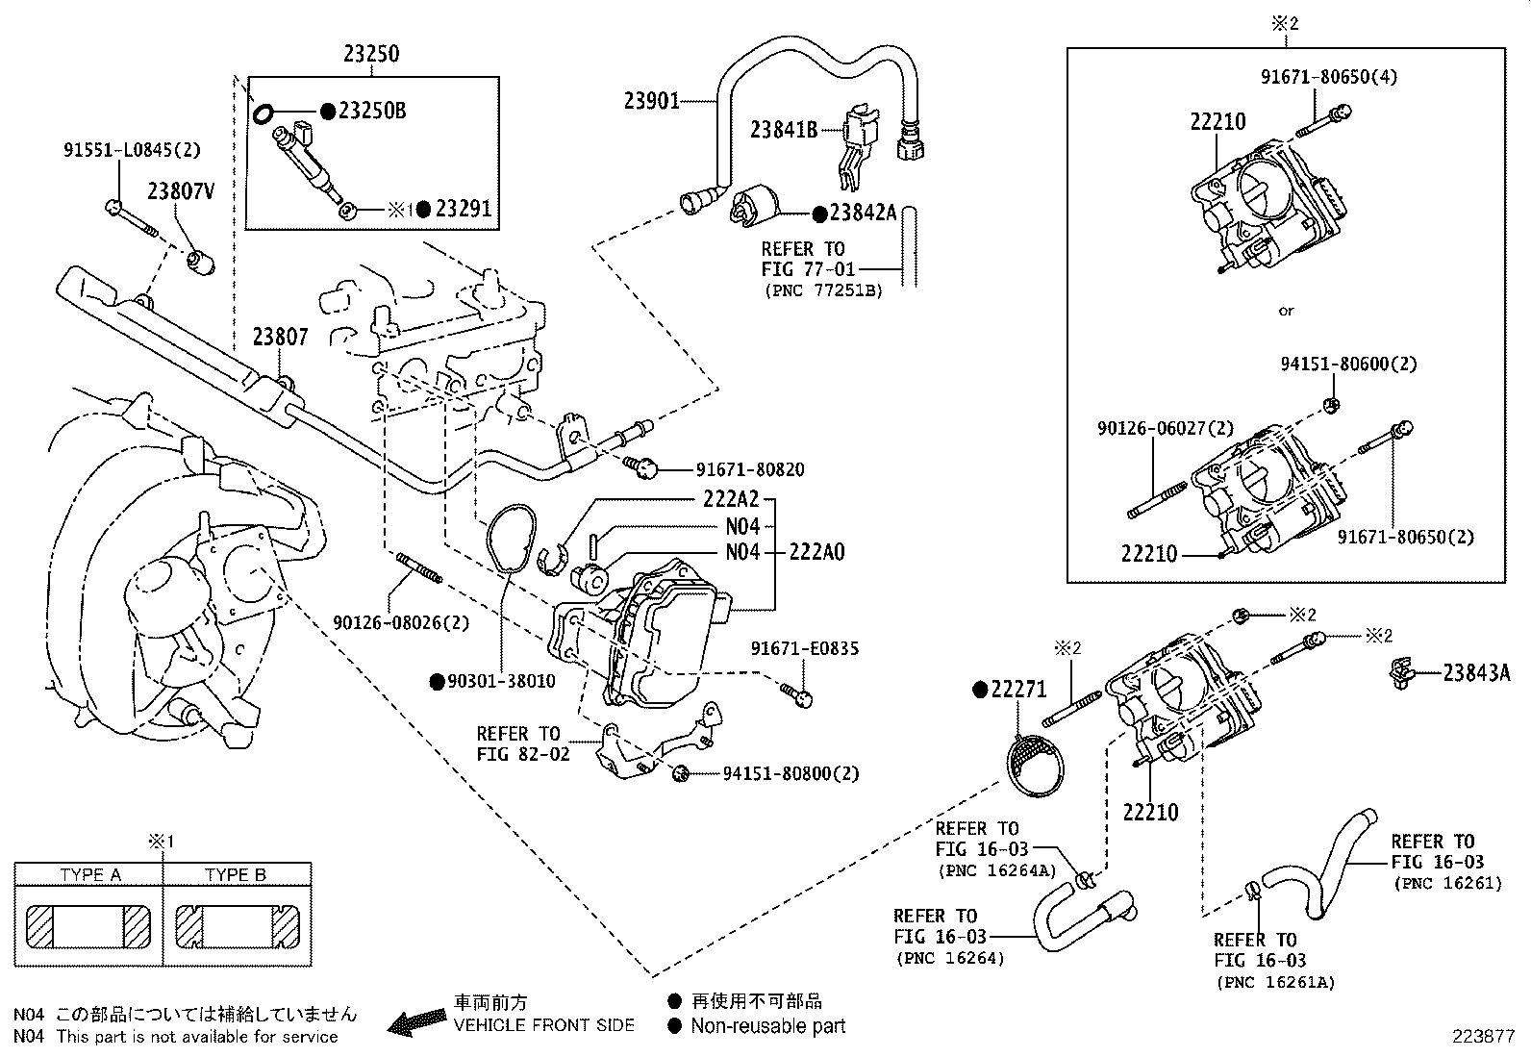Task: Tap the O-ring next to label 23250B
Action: click(261, 114)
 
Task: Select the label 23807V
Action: click(180, 192)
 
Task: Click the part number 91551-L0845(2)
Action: click(133, 151)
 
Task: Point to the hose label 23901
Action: click(651, 100)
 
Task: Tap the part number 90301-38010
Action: click(500, 682)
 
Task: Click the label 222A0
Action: click(816, 553)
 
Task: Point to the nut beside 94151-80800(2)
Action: click(681, 772)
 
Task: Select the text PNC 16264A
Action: click(995, 871)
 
